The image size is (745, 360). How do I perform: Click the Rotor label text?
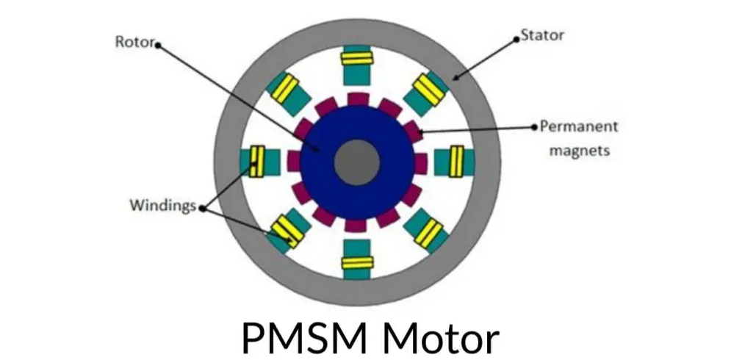tap(134, 41)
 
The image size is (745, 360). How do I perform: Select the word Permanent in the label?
tap(579, 126)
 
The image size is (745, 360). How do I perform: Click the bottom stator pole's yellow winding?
tap(357, 262)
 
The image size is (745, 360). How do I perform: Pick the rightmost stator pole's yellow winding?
tap(456, 162)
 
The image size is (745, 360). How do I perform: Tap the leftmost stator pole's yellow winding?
tap(257, 162)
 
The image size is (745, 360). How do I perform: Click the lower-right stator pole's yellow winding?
tap(428, 233)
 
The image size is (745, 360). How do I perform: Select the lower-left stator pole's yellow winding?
tap(287, 233)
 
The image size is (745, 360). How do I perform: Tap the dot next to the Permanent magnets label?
tap(534, 126)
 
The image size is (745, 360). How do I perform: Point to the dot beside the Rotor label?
tap(157, 44)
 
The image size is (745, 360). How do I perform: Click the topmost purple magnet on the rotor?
tap(357, 99)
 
